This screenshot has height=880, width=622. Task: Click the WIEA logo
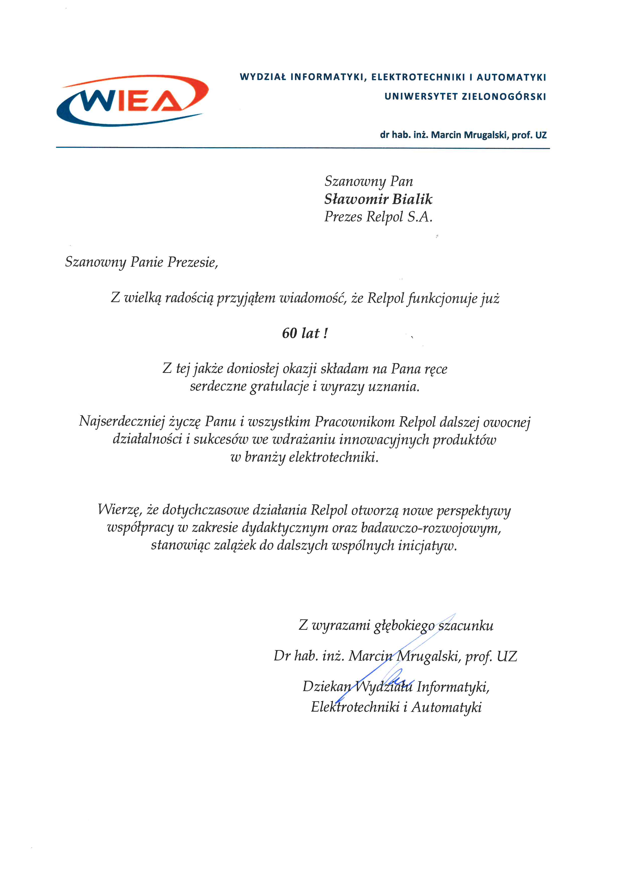coord(132,100)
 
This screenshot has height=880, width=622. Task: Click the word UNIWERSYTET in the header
coord(421,97)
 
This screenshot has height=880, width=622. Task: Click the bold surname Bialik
coord(413,199)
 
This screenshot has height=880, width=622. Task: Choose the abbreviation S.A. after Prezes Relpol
coord(420,217)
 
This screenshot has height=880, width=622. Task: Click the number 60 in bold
coord(289,333)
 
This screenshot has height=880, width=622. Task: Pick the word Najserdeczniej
coord(122,422)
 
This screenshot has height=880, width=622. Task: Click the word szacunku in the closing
coord(466,626)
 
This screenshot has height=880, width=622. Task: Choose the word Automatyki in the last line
coord(447,707)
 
